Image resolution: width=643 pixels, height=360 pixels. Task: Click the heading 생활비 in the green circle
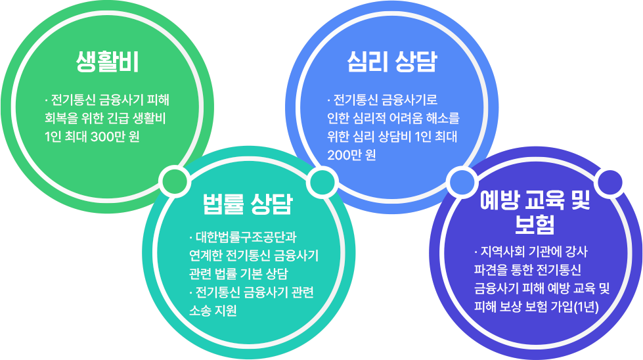point(107,62)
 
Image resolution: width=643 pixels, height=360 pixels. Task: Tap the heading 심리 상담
point(392,62)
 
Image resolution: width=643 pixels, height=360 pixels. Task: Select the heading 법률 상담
point(248,204)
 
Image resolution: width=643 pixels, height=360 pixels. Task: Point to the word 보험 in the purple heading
point(535,224)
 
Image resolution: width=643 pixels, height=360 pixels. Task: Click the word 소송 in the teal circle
point(200,310)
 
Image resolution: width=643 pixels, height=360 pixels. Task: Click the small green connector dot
point(174,181)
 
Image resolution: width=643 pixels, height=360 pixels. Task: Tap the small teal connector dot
point(322,181)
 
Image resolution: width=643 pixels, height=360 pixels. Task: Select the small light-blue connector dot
point(462,181)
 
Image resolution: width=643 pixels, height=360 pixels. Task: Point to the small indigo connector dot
point(610,182)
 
